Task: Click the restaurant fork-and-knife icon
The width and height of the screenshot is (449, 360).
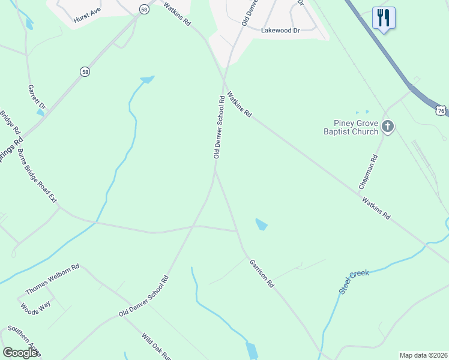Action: tap(384, 17)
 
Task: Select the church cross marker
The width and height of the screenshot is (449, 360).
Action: tap(388, 127)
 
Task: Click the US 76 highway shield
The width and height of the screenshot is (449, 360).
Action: tap(441, 111)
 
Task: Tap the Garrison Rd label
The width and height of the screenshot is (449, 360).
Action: tap(262, 274)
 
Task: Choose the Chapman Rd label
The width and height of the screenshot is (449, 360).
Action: tap(369, 172)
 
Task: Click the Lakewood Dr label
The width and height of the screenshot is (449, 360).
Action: tap(279, 29)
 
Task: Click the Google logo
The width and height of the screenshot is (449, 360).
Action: tap(20, 353)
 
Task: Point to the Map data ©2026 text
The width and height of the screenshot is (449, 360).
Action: tap(423, 355)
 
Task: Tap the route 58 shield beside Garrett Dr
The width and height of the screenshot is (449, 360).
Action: tap(85, 71)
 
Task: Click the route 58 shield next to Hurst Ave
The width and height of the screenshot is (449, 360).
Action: tap(144, 9)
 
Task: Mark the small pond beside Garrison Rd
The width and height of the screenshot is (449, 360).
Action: tap(261, 224)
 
